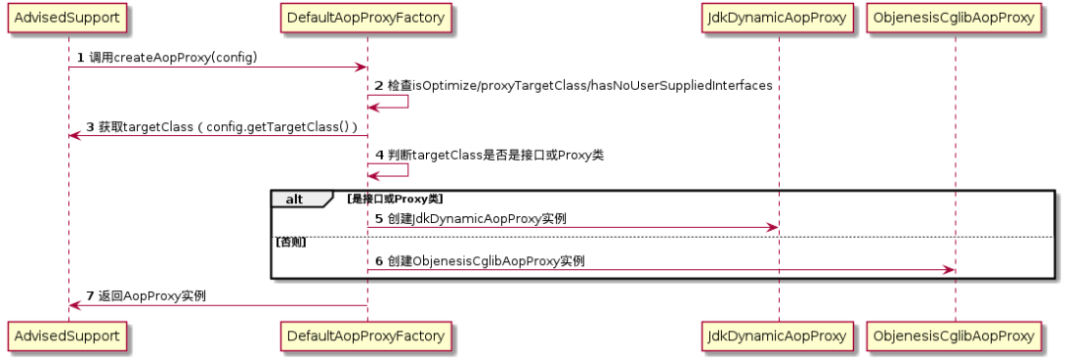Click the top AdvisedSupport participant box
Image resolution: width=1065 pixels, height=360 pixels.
pyautogui.click(x=69, y=17)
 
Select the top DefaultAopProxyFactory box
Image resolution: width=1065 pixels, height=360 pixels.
pyautogui.click(x=366, y=17)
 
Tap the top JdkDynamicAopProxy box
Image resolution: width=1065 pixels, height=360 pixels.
pyautogui.click(x=778, y=17)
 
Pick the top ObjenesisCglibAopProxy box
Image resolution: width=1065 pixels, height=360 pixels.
pyautogui.click(x=955, y=17)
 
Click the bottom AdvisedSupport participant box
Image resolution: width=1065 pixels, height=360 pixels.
pyautogui.click(x=69, y=336)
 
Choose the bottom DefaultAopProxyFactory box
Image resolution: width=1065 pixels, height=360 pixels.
pyautogui.click(x=366, y=336)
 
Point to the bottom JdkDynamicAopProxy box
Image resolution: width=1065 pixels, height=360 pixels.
pyautogui.click(x=778, y=336)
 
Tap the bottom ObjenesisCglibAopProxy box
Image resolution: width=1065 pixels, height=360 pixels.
pyautogui.click(x=955, y=336)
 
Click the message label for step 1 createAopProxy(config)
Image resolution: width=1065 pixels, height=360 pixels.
pyautogui.click(x=173, y=57)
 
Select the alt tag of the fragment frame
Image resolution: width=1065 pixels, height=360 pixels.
pyautogui.click(x=295, y=199)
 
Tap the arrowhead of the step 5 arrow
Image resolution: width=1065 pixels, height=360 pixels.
pyautogui.click(x=772, y=228)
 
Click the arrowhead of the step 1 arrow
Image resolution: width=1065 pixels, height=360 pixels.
pyautogui.click(x=361, y=67)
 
